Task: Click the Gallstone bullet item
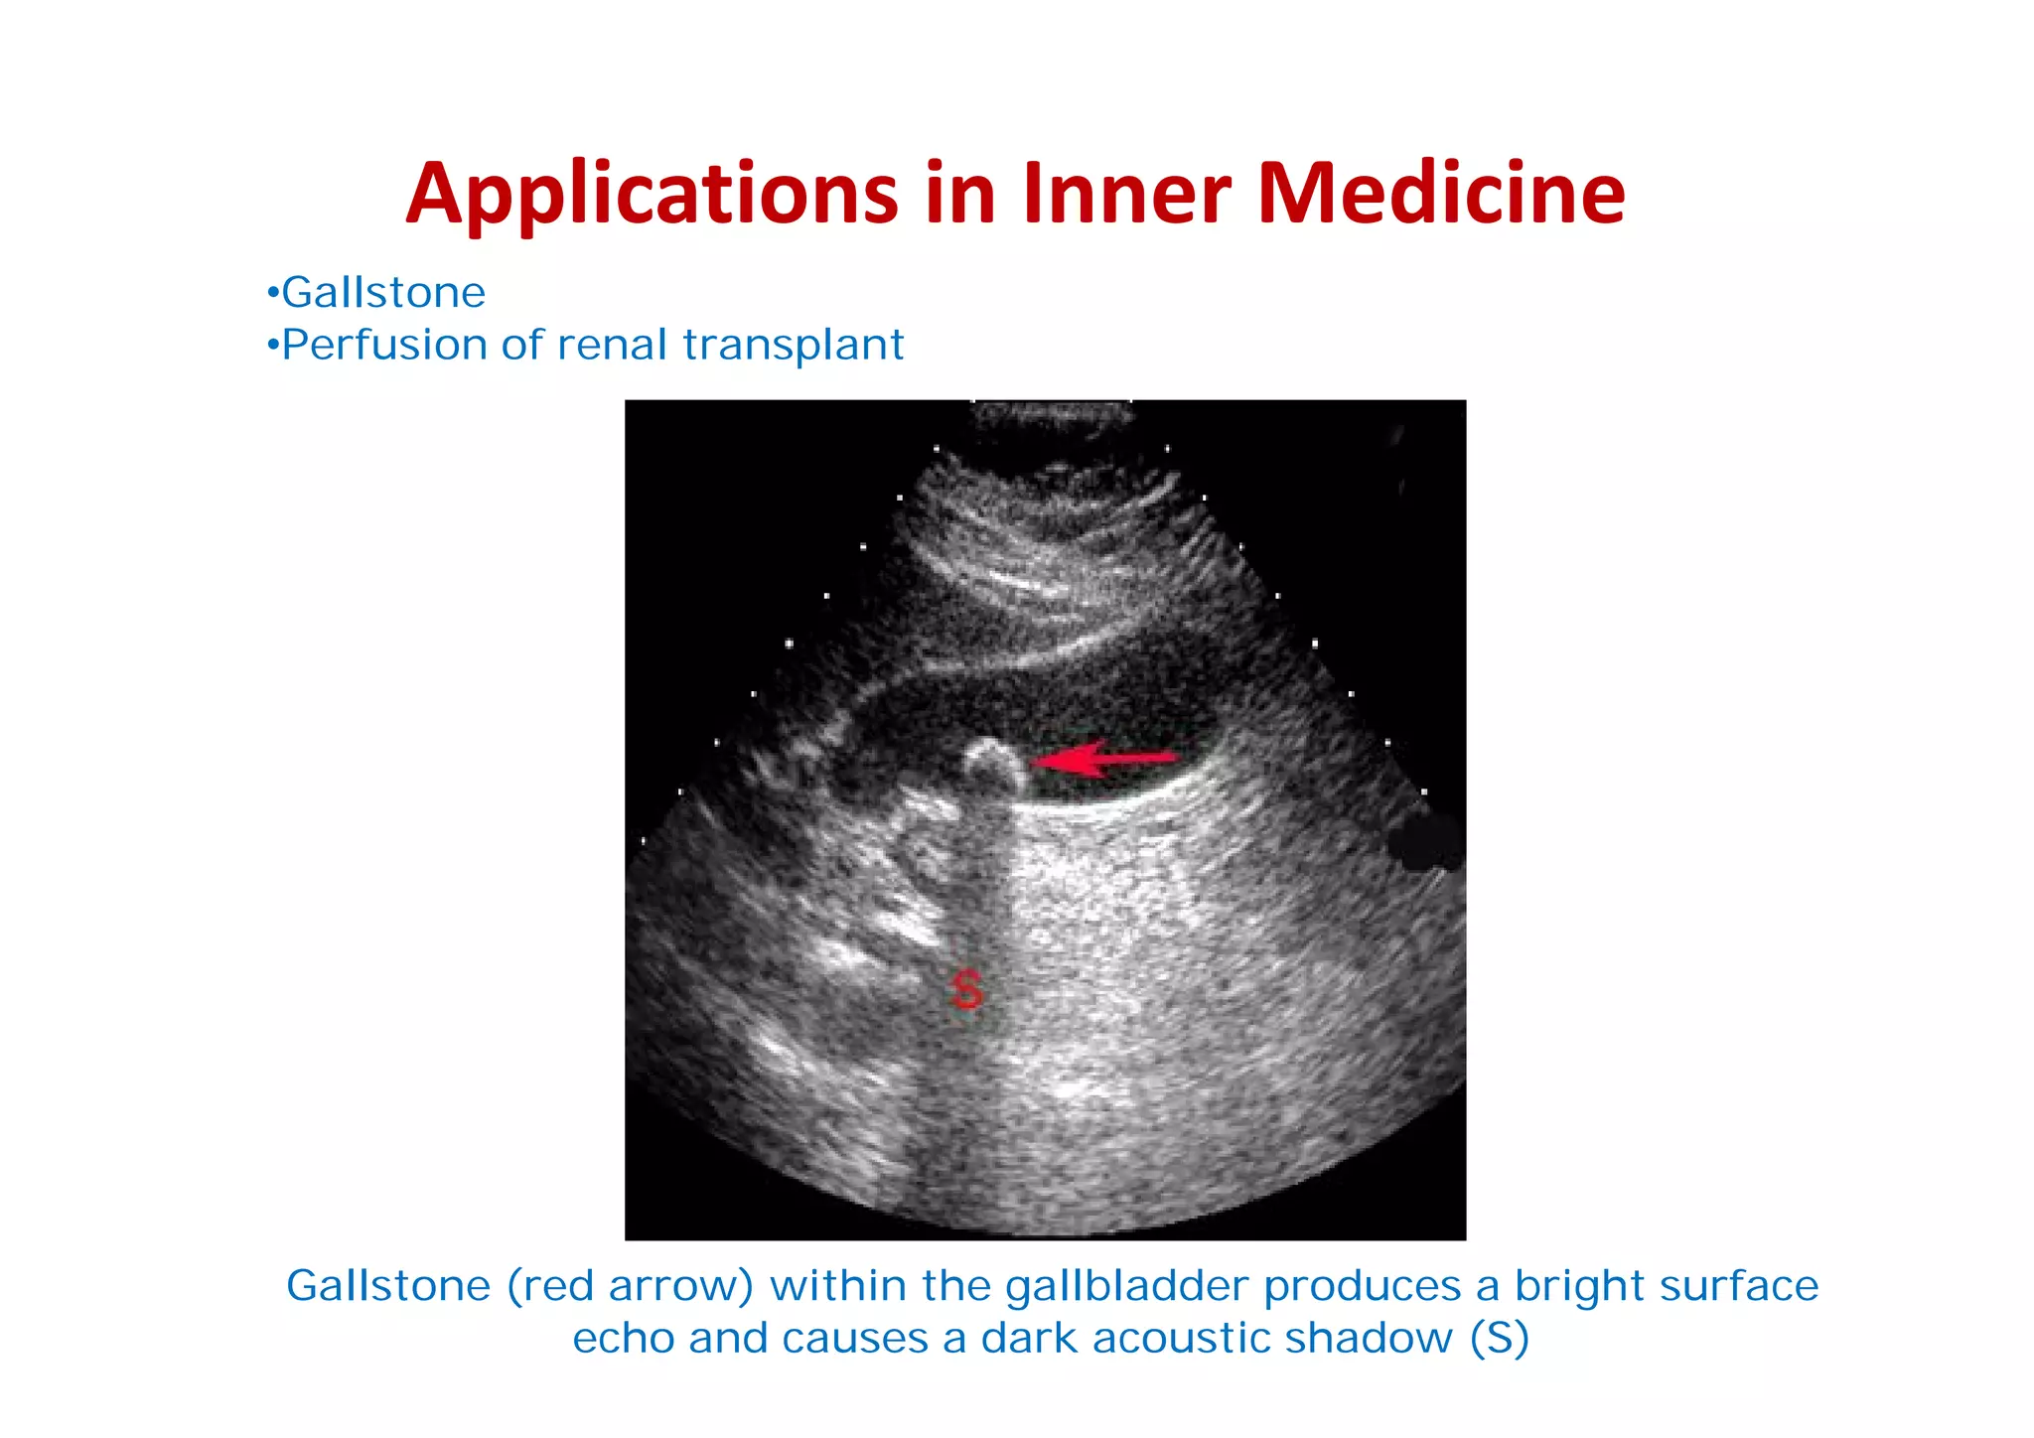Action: pyautogui.click(x=383, y=293)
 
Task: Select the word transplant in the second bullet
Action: pyautogui.click(x=794, y=346)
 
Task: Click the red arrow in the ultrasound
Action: pyautogui.click(x=1102, y=760)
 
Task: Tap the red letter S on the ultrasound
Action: pyautogui.click(x=966, y=990)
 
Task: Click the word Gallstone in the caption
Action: pyautogui.click(x=388, y=1286)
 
